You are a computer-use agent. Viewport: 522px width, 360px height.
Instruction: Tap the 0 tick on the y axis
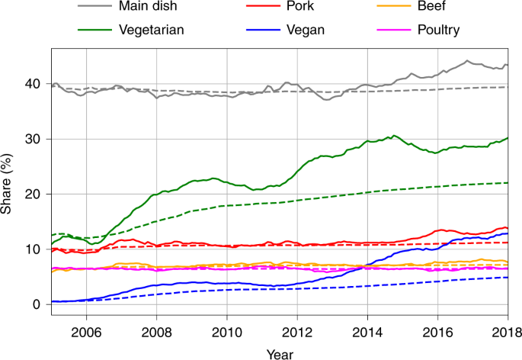40,304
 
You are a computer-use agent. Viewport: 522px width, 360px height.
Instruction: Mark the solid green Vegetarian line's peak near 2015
393,136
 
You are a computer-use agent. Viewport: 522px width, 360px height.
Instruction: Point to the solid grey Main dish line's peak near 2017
467,61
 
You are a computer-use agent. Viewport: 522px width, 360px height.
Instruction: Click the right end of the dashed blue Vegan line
508,278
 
